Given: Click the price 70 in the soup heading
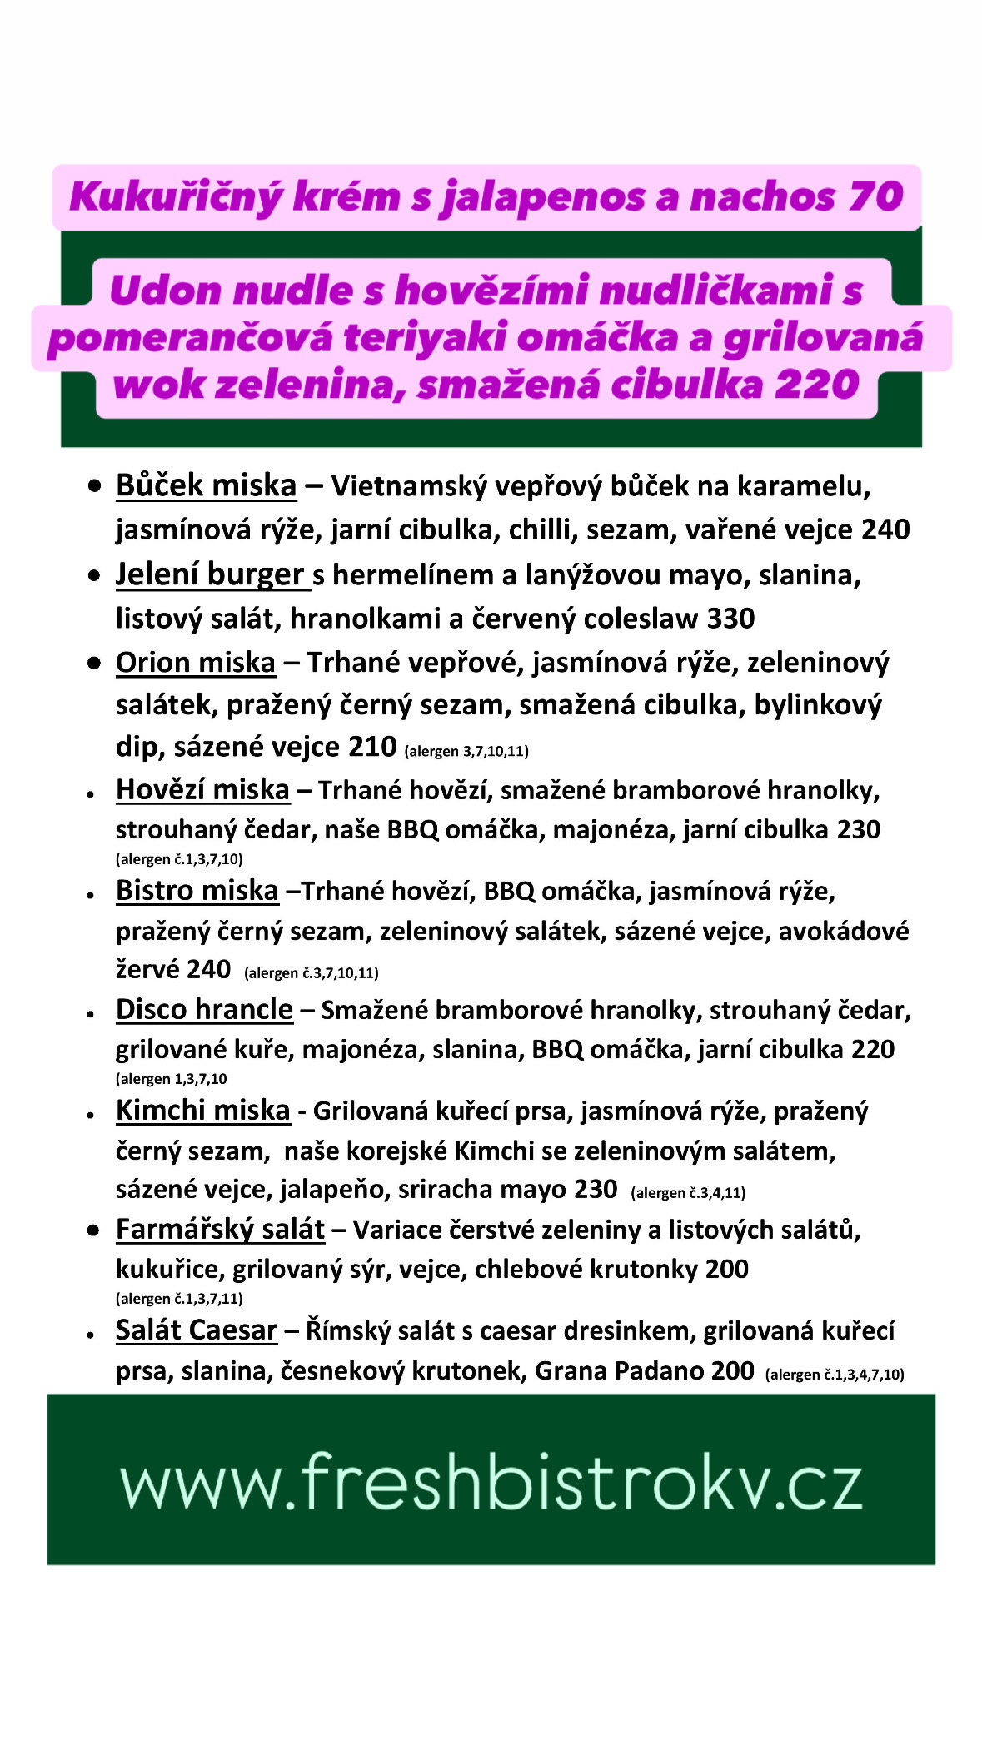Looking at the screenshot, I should (876, 197).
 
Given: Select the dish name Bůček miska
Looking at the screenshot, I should (206, 485).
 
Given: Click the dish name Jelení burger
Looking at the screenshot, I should (210, 574).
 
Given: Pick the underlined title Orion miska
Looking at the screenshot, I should (195, 663).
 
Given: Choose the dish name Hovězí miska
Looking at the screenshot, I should (202, 789).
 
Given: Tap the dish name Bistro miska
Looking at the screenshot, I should (197, 890).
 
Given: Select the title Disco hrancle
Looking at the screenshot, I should (204, 1009).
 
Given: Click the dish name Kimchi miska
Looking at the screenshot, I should (202, 1110).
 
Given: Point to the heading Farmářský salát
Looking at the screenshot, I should (220, 1229).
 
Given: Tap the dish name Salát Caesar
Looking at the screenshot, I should (196, 1330).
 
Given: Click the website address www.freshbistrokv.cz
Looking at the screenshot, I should (491, 1483).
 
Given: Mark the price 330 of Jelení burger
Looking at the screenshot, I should (730, 619).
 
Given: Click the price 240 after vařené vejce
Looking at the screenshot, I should (885, 529).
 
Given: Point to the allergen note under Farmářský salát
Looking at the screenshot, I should (179, 1298).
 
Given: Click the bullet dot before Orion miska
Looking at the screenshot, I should (94, 663).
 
